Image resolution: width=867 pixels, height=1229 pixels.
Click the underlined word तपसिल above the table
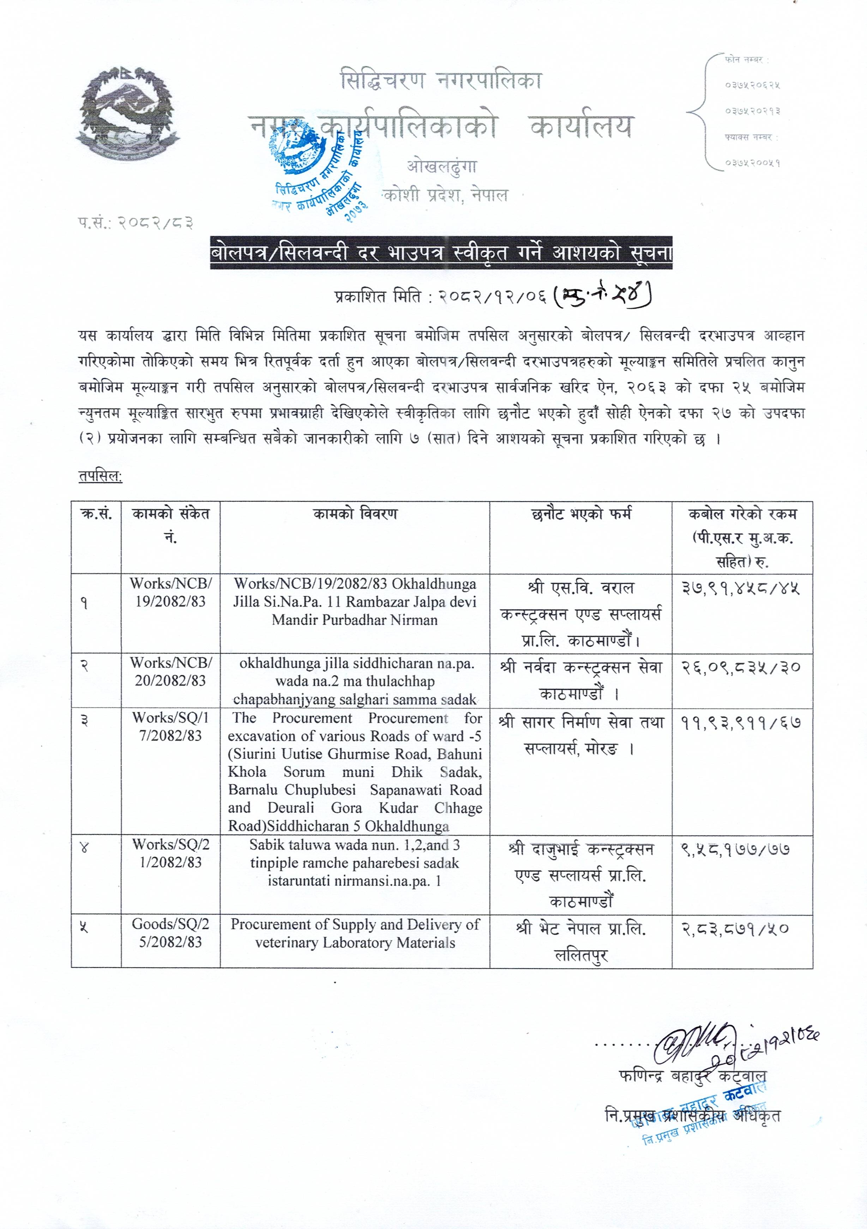(x=100, y=477)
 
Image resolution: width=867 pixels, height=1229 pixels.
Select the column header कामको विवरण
(x=355, y=514)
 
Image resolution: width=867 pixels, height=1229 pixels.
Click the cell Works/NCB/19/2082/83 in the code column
(x=171, y=592)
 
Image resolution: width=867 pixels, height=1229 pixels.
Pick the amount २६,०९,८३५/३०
(x=741, y=667)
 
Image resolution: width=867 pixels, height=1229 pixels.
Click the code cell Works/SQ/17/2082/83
(x=171, y=726)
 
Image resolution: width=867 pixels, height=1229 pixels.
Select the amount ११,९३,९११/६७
(x=741, y=723)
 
